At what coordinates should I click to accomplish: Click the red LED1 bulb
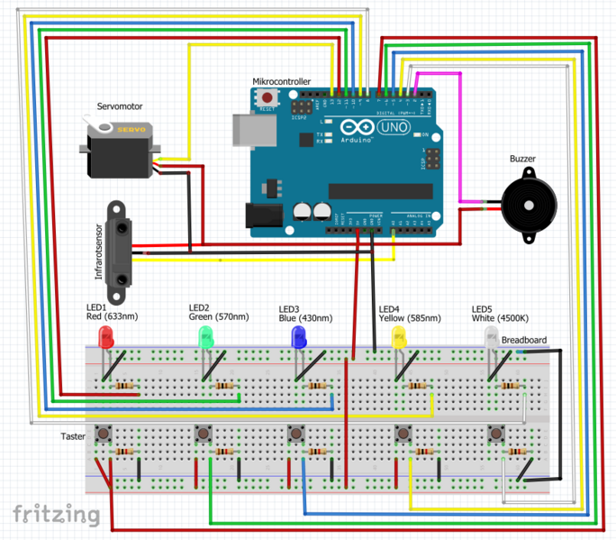[x=104, y=338]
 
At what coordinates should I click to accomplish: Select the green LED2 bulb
[x=205, y=338]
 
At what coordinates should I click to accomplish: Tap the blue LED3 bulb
[x=299, y=338]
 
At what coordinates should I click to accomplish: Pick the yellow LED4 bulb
[x=398, y=338]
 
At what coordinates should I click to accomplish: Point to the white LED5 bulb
[x=491, y=338]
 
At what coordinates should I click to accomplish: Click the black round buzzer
[x=526, y=206]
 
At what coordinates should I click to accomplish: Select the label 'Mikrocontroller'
[x=281, y=81]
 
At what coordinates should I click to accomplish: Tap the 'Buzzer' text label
[x=522, y=160]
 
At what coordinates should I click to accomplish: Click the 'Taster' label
[x=73, y=436]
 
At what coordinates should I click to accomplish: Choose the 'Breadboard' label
[x=523, y=340]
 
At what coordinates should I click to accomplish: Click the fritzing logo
[x=56, y=514]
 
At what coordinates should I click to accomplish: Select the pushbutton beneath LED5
[x=494, y=435]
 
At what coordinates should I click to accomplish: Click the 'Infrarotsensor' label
[x=98, y=249]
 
